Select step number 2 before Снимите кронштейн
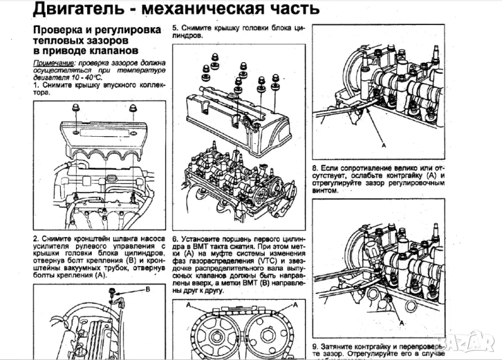(x=35, y=239)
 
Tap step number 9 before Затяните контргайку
(x=314, y=346)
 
